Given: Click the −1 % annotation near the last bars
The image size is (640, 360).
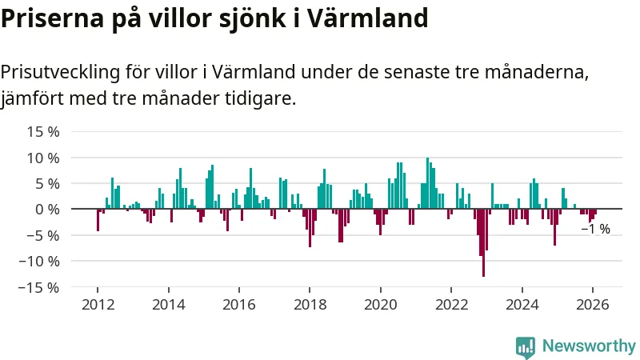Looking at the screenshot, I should point(595,230).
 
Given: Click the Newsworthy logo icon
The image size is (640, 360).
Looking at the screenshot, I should point(526,346).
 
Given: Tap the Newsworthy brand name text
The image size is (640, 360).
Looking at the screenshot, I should point(589,346).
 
